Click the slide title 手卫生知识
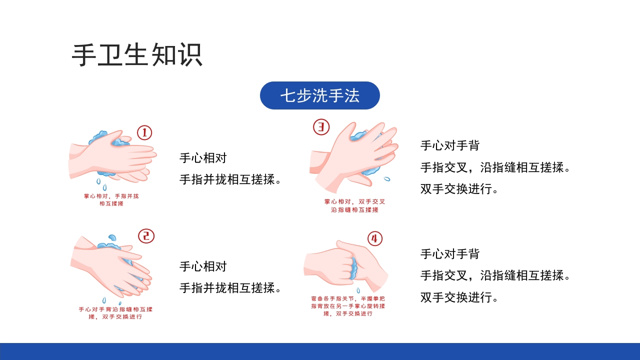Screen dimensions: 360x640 tap(137, 55)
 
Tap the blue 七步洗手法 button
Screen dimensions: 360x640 tap(319, 95)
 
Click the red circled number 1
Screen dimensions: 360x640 tap(144, 132)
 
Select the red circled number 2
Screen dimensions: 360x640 tap(146, 236)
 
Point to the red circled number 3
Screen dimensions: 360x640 tap(321, 127)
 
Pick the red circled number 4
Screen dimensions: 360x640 tap(374, 238)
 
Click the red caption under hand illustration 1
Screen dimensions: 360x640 tap(111, 200)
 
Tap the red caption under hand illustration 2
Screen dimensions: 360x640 tap(115, 313)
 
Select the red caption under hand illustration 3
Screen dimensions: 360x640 tap(355, 205)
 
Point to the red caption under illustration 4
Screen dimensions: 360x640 tap(348, 306)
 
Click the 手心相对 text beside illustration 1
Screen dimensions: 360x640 tap(203, 158)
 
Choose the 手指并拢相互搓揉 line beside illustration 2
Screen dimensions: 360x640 tap(230, 288)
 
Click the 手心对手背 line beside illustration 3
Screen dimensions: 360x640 tap(450, 145)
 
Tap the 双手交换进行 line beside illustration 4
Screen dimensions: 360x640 tap(459, 297)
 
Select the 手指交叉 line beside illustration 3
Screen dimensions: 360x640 tap(495, 167)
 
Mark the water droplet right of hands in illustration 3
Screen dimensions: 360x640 tap(386, 178)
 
